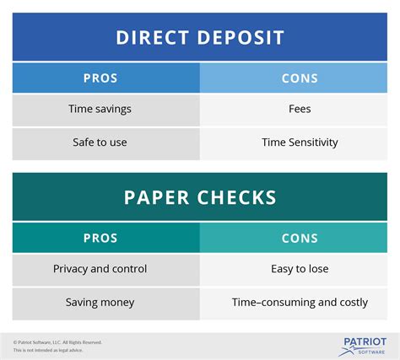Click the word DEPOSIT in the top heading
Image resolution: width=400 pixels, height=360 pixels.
click(241, 37)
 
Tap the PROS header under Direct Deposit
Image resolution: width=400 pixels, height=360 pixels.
click(100, 78)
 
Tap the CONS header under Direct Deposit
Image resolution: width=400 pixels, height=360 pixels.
click(300, 78)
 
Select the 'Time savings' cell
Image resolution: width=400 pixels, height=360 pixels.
click(100, 109)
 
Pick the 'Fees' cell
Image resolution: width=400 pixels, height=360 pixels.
click(300, 109)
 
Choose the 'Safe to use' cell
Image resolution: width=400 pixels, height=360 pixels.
click(100, 142)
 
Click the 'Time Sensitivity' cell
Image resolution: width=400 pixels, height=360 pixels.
click(300, 142)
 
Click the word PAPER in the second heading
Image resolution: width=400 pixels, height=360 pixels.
click(155, 198)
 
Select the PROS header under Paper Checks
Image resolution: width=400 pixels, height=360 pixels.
click(100, 239)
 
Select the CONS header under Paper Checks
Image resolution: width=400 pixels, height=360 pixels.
click(300, 239)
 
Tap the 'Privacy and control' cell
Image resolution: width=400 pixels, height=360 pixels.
click(100, 269)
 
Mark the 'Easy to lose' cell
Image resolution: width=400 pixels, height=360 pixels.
click(300, 269)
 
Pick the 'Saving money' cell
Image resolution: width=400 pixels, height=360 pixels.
click(100, 302)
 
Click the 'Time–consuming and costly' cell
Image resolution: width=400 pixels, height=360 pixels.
click(300, 302)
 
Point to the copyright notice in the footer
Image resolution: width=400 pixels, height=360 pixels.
click(57, 341)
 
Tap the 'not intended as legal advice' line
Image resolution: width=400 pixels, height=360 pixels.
click(51, 350)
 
